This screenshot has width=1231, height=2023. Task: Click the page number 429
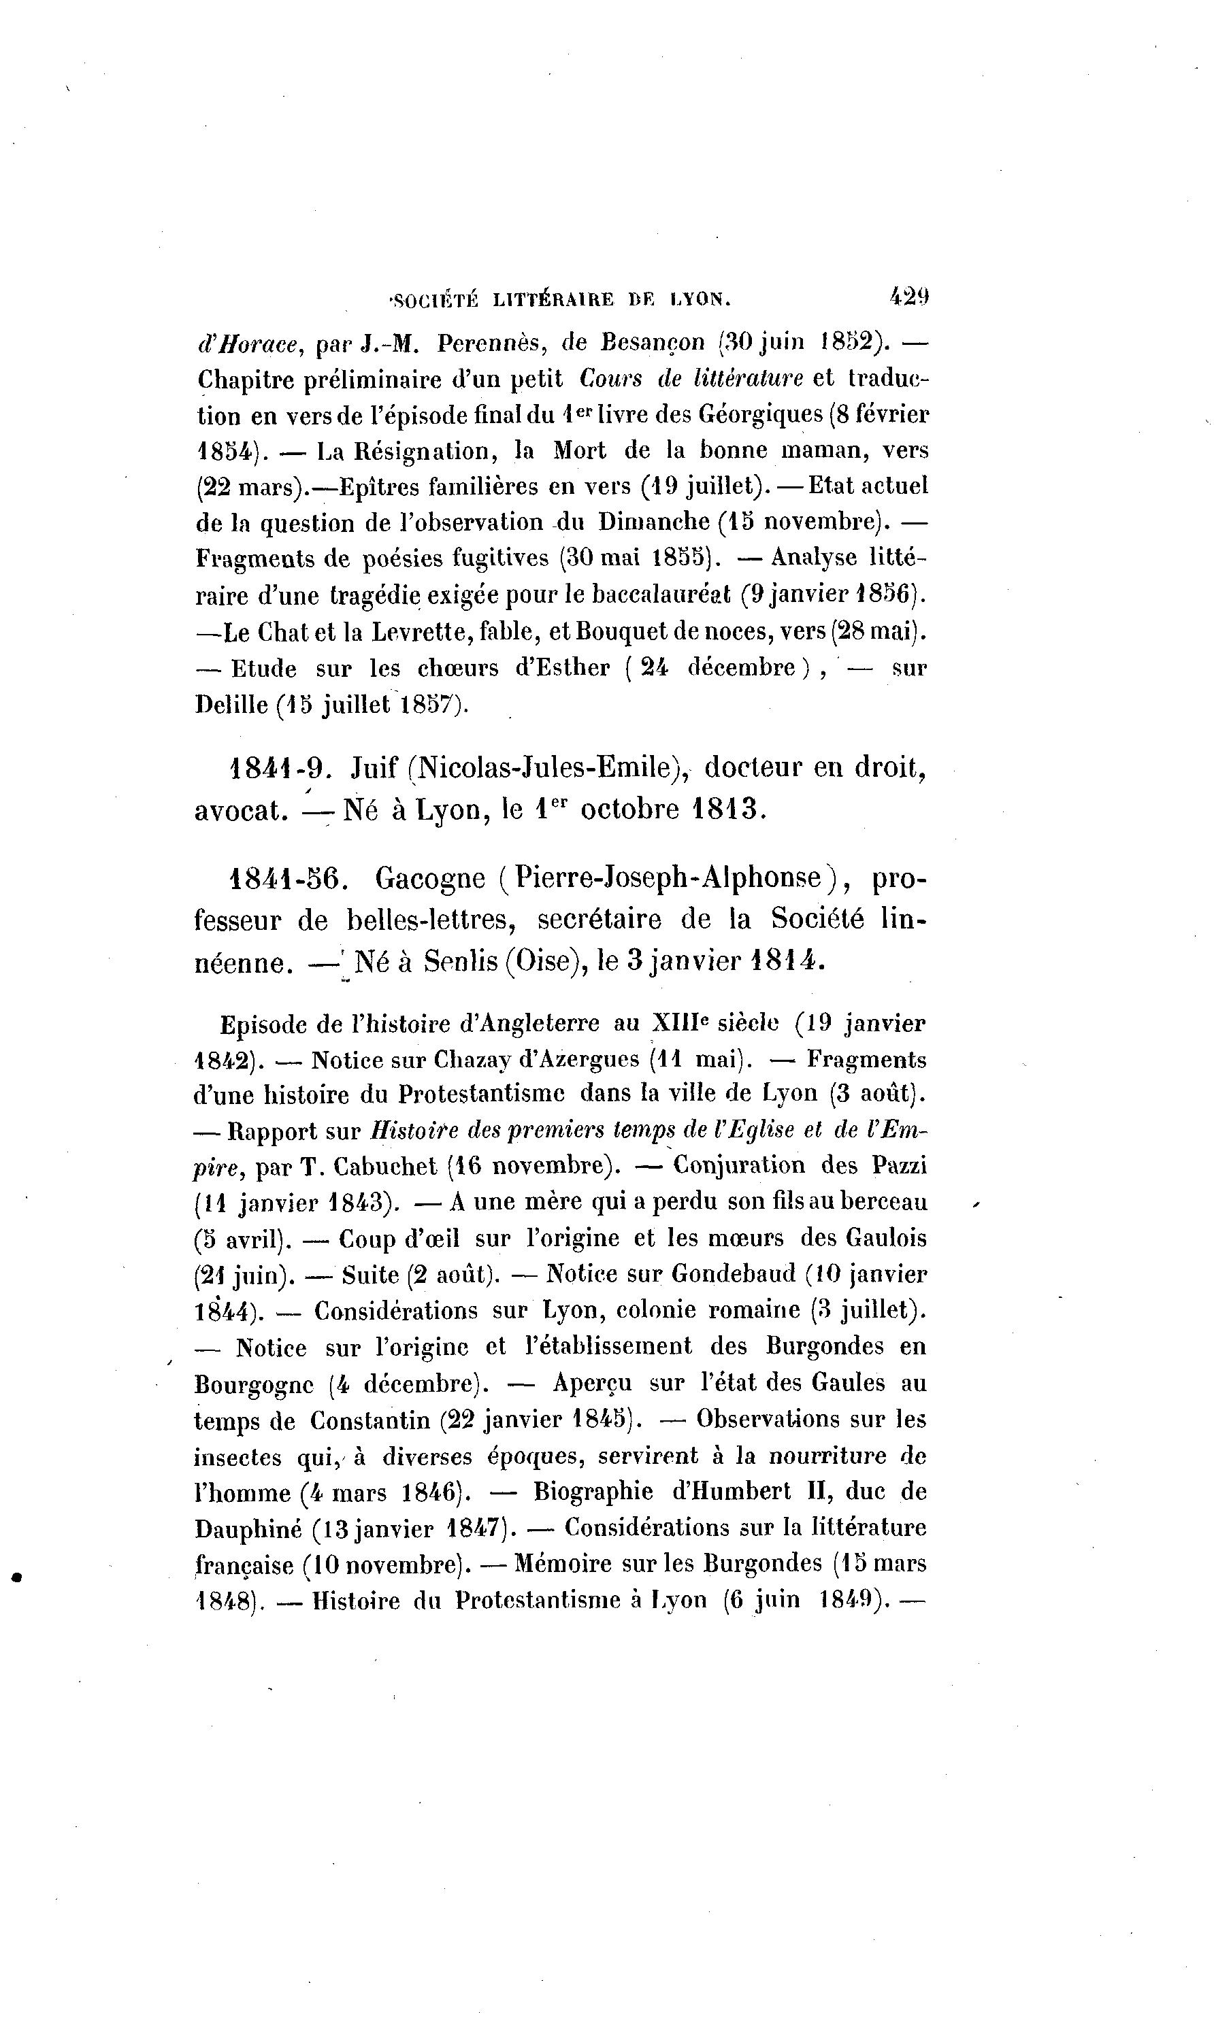click(x=908, y=297)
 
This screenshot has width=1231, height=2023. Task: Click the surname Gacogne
click(x=430, y=880)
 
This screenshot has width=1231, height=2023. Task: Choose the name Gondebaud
click(x=734, y=1274)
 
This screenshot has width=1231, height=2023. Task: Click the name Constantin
click(x=370, y=1420)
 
